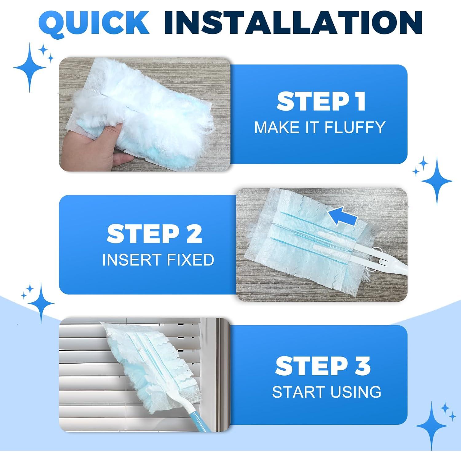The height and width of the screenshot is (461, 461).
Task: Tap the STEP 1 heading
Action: tap(321, 101)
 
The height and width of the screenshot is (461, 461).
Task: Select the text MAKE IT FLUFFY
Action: tap(320, 127)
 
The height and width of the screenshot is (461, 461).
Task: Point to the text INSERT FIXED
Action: tap(158, 260)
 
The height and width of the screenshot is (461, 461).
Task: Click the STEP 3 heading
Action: tap(323, 366)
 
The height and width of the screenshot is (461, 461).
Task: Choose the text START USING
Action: tap(326, 392)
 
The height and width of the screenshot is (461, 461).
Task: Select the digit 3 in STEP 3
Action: tap(361, 366)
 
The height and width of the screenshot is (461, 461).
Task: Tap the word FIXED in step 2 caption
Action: tap(190, 260)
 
